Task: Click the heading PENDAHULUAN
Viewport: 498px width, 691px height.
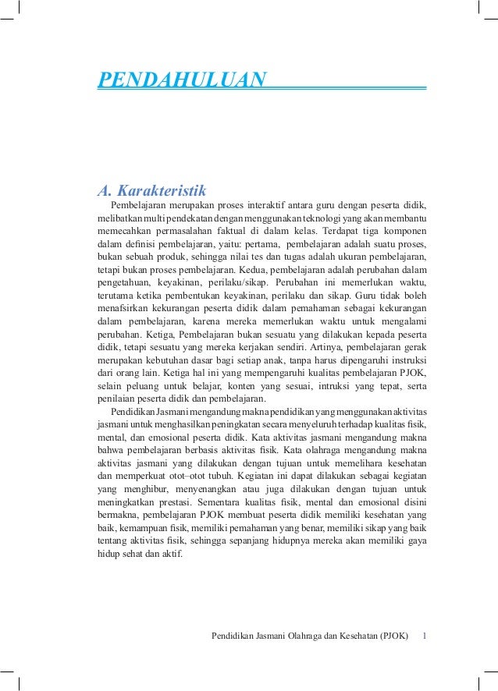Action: click(x=181, y=79)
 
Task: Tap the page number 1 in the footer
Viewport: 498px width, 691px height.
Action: click(x=423, y=635)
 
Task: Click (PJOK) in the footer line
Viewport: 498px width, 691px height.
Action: click(x=393, y=635)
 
